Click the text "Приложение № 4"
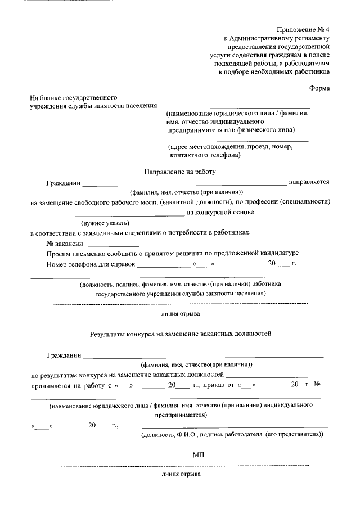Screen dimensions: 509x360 [x=303, y=29]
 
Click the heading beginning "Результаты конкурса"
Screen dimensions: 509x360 [x=181, y=334]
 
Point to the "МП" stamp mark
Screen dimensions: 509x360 [x=197, y=454]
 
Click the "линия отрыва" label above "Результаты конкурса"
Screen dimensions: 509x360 [x=180, y=314]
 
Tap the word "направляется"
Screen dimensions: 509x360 [x=309, y=182]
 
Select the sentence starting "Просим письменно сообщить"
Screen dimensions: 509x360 [x=172, y=254]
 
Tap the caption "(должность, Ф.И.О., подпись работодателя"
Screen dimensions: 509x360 [x=232, y=434]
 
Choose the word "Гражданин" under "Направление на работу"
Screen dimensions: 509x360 [x=64, y=182]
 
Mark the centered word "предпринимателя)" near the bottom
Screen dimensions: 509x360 [x=181, y=415]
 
